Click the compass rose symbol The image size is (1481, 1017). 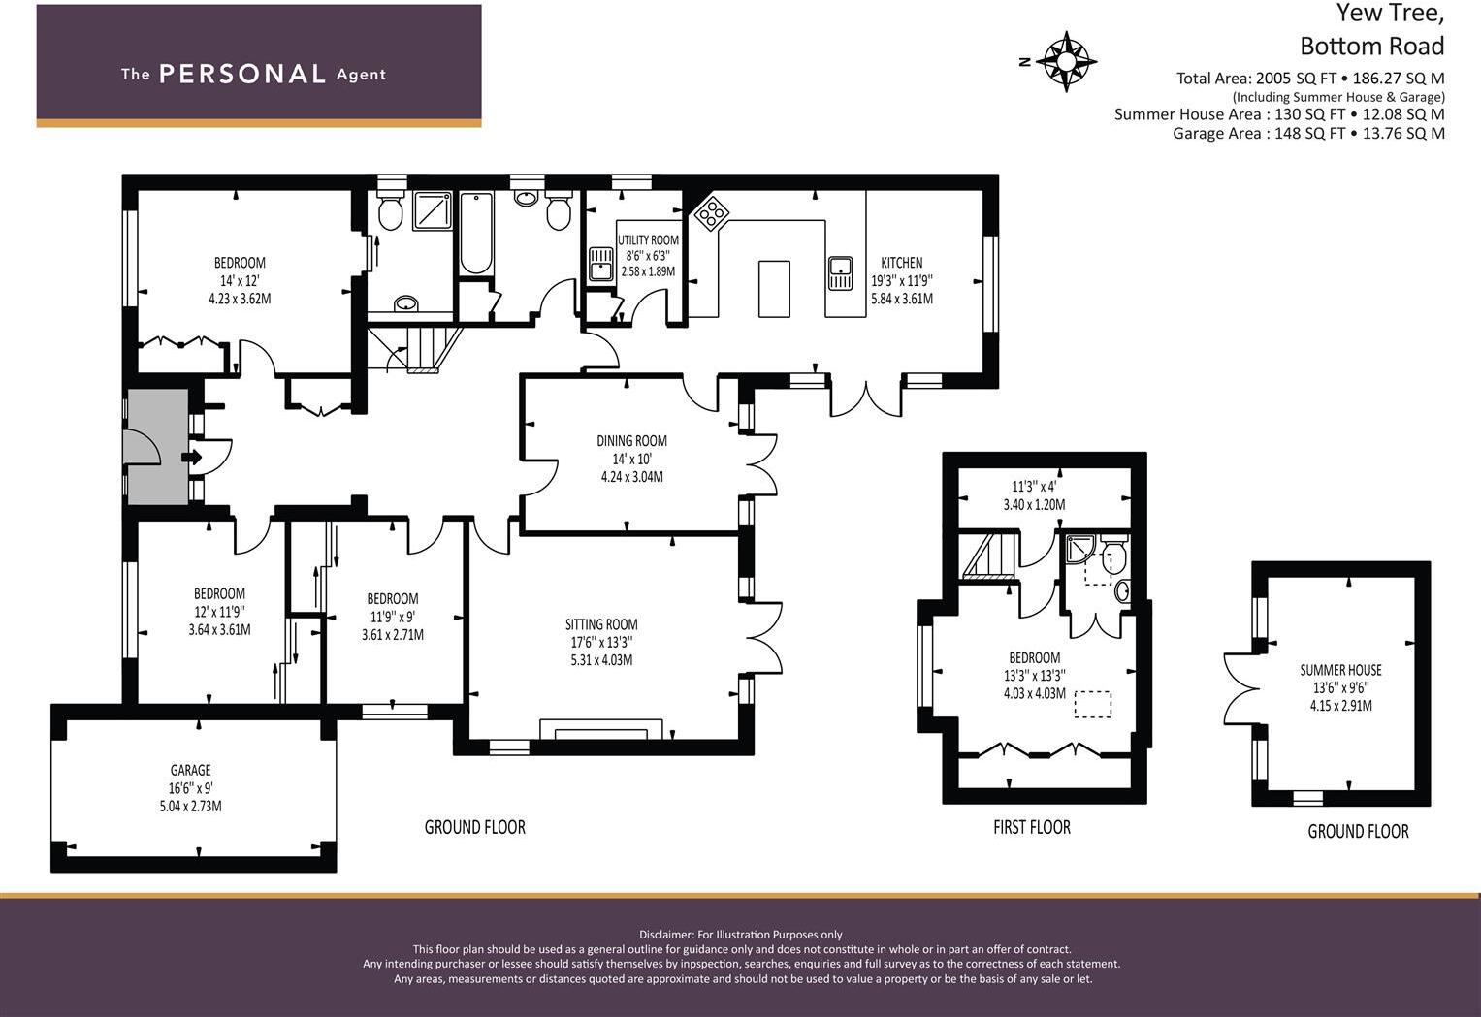[x=1066, y=61]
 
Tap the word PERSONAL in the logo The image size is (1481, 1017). [x=242, y=74]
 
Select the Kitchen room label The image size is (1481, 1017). [x=902, y=263]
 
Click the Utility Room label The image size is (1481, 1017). [x=648, y=239]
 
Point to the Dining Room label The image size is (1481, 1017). [x=631, y=441]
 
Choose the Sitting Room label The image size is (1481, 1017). [x=601, y=624]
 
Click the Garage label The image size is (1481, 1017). [x=190, y=770]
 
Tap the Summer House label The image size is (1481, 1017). [x=1340, y=670]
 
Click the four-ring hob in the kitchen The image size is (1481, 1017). [x=711, y=212]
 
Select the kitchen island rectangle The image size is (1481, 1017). [x=774, y=289]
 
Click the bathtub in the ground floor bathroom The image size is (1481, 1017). [x=475, y=234]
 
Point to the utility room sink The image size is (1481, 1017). [x=601, y=265]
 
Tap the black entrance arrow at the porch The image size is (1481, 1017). [x=192, y=457]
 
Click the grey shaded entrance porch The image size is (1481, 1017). [x=157, y=447]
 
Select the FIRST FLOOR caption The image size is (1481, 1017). [x=1031, y=827]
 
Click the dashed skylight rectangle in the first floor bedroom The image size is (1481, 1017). [x=1092, y=705]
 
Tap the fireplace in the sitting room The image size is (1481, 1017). [x=601, y=729]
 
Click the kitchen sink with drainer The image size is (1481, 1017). [x=840, y=273]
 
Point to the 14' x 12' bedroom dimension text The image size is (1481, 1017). [x=240, y=280]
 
